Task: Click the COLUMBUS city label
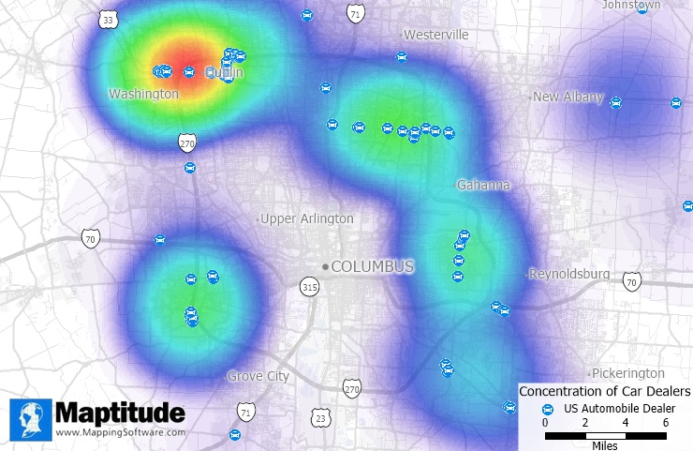coord(372,266)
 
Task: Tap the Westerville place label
coord(435,35)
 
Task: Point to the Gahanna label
coord(482,185)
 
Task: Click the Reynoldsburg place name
coord(568,274)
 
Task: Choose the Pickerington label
coord(627,373)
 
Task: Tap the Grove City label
coord(258,376)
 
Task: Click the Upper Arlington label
coord(306,218)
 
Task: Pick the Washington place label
coord(143,94)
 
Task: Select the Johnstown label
coord(631,5)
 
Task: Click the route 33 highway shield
coord(109,19)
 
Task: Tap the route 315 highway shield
coord(310,287)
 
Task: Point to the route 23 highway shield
coord(320,417)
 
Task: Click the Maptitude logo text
coord(119,413)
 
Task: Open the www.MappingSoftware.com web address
coord(119,433)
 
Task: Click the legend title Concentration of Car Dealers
coord(604,391)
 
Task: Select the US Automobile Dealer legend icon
coord(549,409)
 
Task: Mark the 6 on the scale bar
coord(666,423)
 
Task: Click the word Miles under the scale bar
coord(605,444)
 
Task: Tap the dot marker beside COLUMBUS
coord(326,266)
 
